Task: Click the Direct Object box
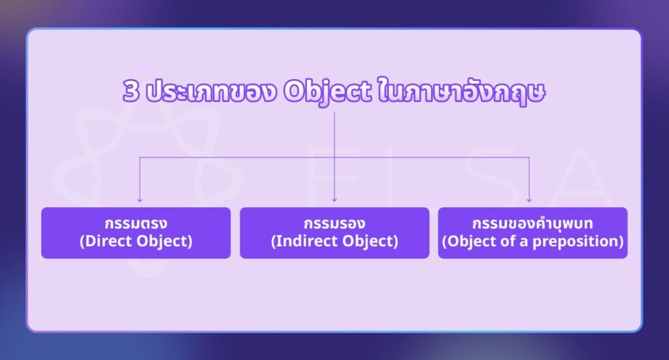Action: [x=136, y=233]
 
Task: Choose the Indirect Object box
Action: [x=334, y=233]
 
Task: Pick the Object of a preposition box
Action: [x=532, y=233]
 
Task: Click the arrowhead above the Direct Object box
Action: [x=139, y=200]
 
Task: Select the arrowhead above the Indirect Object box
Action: [x=334, y=200]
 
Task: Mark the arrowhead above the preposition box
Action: [x=529, y=200]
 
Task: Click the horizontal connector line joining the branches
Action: [x=235, y=157]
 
